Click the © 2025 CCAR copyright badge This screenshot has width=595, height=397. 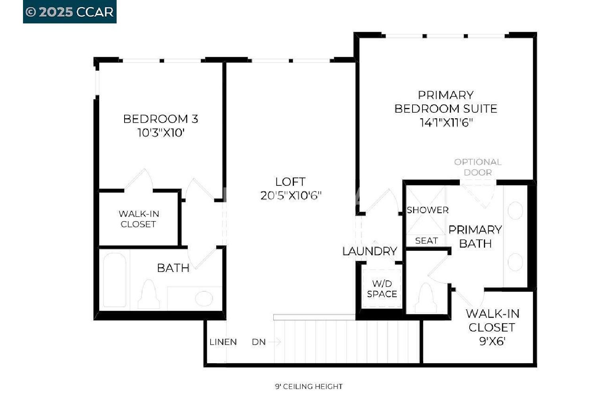pos(69,12)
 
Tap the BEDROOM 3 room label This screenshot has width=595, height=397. pos(161,119)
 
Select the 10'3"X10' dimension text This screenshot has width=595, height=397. pos(161,133)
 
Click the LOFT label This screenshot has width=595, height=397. pos(290,182)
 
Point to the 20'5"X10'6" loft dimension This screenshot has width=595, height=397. pos(291,196)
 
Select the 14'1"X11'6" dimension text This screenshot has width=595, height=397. pos(446,123)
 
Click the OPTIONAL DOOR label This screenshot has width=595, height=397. pos(478,167)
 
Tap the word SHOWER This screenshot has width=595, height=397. pos(428,210)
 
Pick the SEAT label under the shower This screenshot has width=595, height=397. pos(426,241)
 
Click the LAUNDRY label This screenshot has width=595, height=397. pos(370,251)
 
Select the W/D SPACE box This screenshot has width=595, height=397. pos(382,289)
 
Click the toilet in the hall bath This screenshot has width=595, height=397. pos(149,294)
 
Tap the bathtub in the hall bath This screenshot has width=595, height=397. pos(115,280)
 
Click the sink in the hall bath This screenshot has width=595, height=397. pos(204,299)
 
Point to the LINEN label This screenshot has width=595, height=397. pos(223,342)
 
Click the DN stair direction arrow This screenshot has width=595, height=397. pos(274,342)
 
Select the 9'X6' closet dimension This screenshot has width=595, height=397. pos(492,341)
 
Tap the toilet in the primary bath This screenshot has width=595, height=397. pos(426,298)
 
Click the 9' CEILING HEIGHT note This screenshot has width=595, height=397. pos(309,386)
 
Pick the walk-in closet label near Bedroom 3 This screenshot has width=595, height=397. pos(139,219)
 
